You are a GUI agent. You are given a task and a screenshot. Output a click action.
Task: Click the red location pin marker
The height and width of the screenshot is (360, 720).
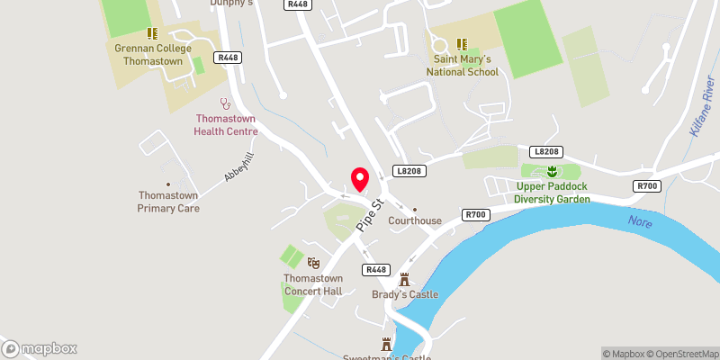pyautogui.click(x=359, y=178)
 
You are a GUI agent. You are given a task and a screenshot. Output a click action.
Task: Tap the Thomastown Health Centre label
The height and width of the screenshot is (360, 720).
pyautogui.click(x=226, y=124)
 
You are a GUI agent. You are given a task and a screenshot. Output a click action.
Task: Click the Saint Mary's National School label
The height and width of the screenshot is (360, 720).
pyautogui.click(x=462, y=66)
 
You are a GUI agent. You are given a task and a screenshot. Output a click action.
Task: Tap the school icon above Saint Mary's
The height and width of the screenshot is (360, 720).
pyautogui.click(x=461, y=43)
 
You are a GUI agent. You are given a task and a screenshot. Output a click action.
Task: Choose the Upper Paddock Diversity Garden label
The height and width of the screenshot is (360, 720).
pyautogui.click(x=553, y=193)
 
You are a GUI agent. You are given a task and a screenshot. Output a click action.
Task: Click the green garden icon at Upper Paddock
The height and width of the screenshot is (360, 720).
pyautogui.click(x=553, y=171)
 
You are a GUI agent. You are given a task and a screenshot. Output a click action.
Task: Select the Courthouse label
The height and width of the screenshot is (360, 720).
pyautogui.click(x=414, y=220)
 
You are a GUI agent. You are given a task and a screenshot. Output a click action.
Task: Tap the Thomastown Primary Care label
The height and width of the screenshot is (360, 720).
pyautogui.click(x=168, y=201)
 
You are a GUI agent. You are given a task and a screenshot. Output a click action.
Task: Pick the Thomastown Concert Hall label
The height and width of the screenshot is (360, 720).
pyautogui.click(x=313, y=283)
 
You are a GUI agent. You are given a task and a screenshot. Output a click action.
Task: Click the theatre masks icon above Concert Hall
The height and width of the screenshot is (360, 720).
pyautogui.click(x=313, y=262)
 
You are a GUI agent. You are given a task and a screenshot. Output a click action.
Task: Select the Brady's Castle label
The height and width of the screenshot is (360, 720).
pyautogui.click(x=404, y=294)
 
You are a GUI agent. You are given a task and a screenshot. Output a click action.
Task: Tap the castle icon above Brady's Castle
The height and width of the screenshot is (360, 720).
pyautogui.click(x=404, y=279)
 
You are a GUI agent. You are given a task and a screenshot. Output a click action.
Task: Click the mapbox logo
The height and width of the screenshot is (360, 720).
pyautogui.click(x=40, y=348)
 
